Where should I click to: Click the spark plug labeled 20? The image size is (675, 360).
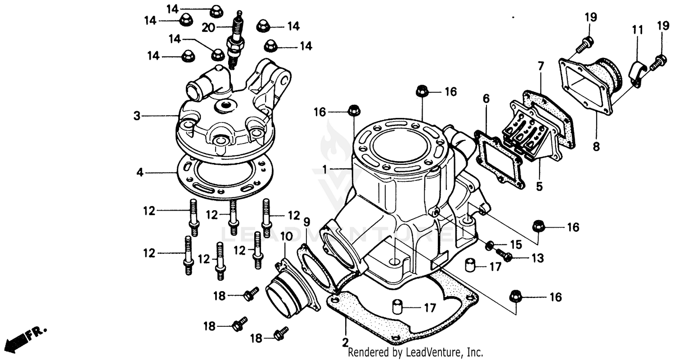tap(235, 43)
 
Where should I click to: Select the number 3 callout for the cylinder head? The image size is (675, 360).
tap(137, 116)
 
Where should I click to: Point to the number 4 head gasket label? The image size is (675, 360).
tap(140, 172)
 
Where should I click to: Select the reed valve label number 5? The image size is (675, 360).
tap(539, 186)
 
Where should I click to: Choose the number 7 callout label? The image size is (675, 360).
tap(540, 67)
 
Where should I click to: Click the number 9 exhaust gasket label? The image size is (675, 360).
tap(306, 222)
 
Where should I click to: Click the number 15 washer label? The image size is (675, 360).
tap(516, 245)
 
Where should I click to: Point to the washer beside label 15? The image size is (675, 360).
tap(490, 246)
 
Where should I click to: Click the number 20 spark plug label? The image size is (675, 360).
tap(208, 28)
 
